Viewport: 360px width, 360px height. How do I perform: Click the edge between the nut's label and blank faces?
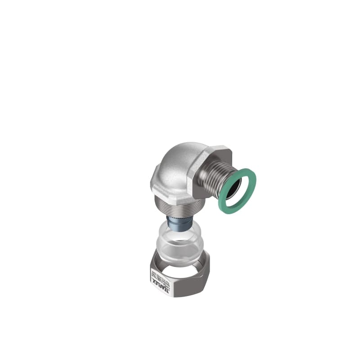pyautogui.click(x=175, y=288)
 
